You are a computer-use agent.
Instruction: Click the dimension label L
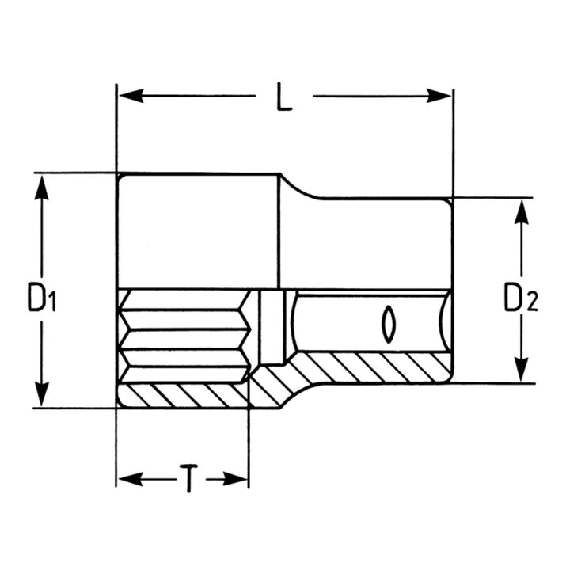285,97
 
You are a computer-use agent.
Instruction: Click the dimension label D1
42,298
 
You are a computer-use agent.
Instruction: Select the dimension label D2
521,298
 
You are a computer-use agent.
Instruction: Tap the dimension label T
187,479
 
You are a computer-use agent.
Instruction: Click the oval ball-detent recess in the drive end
387,323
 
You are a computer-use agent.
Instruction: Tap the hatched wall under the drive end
372,367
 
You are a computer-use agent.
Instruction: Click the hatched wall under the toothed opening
182,394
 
